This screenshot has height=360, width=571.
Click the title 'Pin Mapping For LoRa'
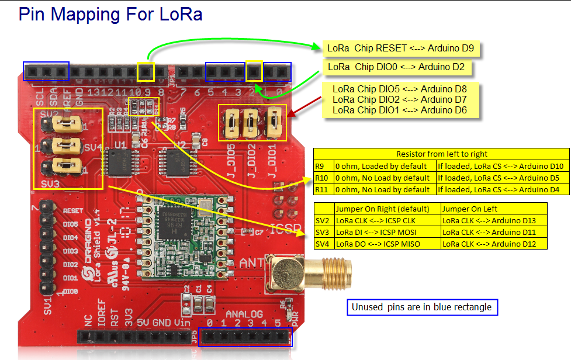click(110, 14)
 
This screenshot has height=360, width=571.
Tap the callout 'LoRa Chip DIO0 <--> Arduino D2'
click(396, 67)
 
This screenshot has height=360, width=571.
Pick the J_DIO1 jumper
click(273, 122)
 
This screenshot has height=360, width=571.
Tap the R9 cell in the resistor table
click(323, 166)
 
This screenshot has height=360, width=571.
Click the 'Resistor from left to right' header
click(441, 154)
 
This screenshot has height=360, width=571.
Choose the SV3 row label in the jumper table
click(323, 232)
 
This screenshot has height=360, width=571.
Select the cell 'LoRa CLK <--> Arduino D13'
click(494, 220)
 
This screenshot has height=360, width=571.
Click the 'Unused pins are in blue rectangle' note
click(421, 307)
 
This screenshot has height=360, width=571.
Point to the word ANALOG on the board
click(248, 314)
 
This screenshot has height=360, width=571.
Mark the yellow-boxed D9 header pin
click(146, 72)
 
